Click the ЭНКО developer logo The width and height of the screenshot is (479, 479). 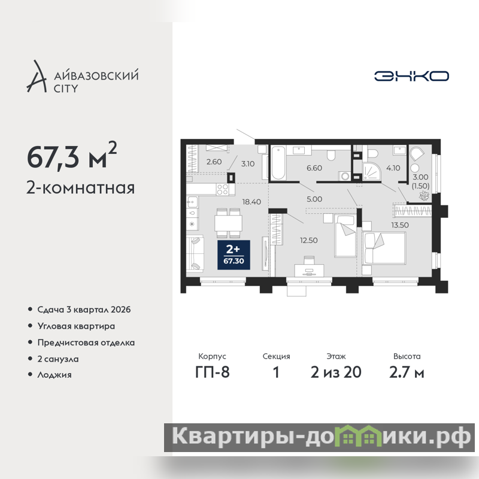[x=411, y=76]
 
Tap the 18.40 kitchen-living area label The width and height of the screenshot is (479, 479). [x=251, y=202]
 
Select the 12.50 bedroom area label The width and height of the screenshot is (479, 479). [x=308, y=241]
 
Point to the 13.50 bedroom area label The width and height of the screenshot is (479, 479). [x=400, y=225]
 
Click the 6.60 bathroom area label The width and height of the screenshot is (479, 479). [x=314, y=168]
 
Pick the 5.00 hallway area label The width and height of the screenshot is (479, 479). [x=314, y=199]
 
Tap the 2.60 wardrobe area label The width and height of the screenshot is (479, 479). [x=214, y=162]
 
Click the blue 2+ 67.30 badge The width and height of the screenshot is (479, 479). [x=234, y=255]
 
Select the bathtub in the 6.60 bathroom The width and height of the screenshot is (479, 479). [x=278, y=163]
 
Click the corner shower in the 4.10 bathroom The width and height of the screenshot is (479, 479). [x=371, y=172]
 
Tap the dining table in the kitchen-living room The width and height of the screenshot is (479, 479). [x=228, y=223]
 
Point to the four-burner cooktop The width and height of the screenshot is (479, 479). [x=222, y=189]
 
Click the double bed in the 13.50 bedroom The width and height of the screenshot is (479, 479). [x=384, y=248]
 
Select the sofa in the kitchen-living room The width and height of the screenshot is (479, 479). [x=195, y=253]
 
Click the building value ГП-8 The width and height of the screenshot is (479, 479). [x=213, y=372]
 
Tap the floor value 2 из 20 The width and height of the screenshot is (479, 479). [x=336, y=372]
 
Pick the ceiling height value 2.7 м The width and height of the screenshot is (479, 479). [x=407, y=372]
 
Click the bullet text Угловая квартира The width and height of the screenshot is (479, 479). [x=76, y=326]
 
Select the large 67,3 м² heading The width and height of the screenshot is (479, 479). [x=72, y=156]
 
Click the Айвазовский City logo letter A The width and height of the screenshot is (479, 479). [x=37, y=77]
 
